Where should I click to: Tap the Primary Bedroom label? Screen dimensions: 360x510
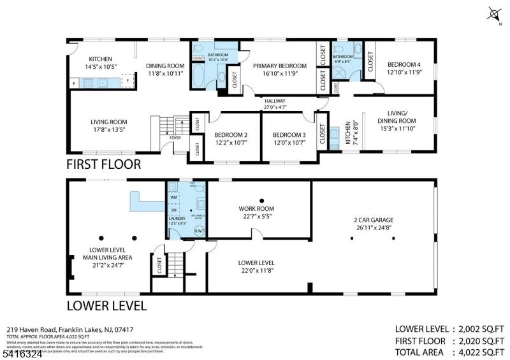(279, 66)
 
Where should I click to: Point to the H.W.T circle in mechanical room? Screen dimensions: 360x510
(198, 231)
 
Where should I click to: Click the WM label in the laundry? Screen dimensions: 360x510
(173, 198)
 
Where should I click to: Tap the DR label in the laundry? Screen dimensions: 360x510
(173, 210)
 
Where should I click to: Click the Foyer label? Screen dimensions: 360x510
(175, 137)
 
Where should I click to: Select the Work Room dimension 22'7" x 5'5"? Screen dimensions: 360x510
(256, 217)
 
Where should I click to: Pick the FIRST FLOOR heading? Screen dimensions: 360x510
(103, 164)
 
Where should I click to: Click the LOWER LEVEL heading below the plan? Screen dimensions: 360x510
(106, 305)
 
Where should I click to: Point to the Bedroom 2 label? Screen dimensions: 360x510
(230, 134)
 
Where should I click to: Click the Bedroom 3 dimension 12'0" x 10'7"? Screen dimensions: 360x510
(289, 143)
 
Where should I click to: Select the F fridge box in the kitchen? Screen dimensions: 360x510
(127, 82)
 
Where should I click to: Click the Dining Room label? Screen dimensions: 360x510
(164, 65)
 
